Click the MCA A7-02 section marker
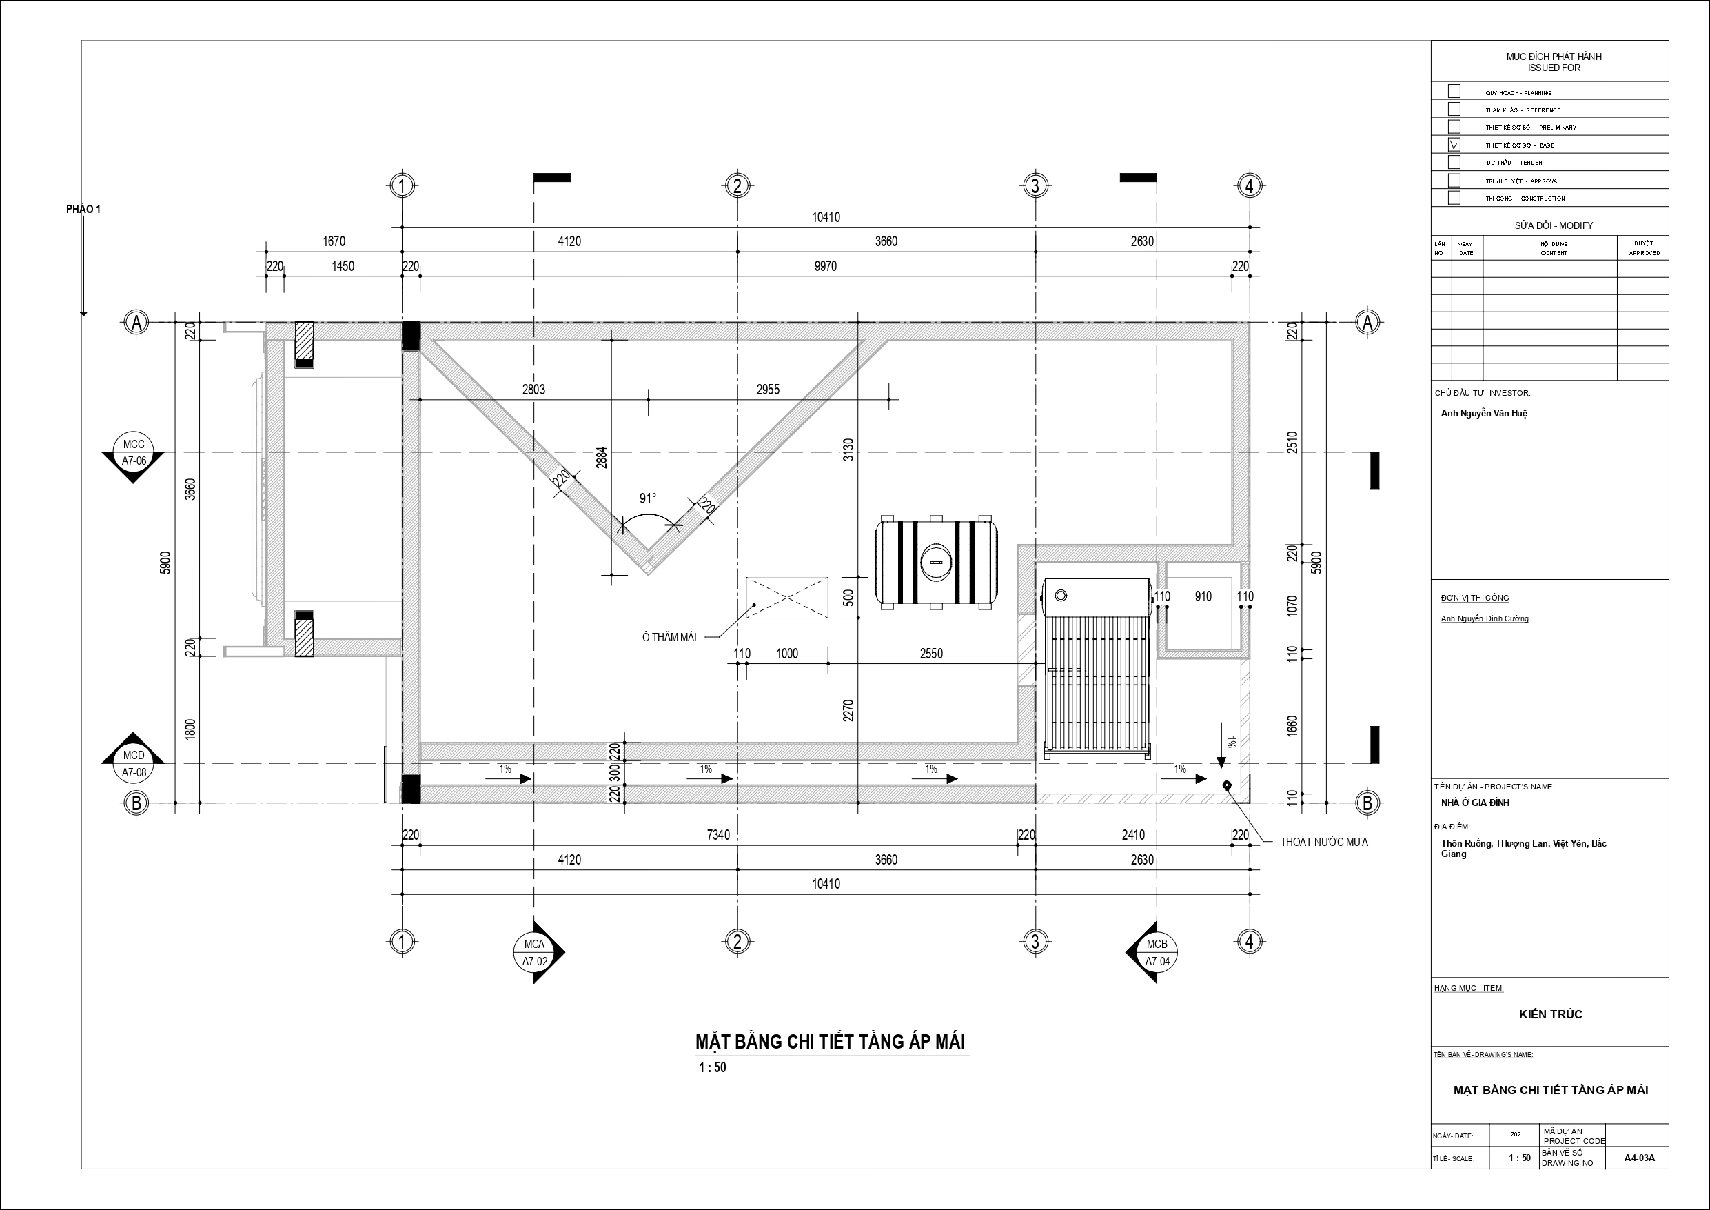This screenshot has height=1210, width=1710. click(x=536, y=952)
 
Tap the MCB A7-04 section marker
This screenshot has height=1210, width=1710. click(x=1154, y=952)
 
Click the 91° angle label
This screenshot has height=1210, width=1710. click(x=648, y=498)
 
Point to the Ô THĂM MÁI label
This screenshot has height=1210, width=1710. click(x=669, y=637)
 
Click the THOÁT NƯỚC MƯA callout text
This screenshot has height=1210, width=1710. click(x=1324, y=842)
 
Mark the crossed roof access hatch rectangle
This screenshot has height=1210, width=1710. click(x=787, y=598)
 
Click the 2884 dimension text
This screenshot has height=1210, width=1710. click(x=602, y=456)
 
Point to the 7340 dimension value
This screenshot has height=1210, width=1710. click(x=718, y=835)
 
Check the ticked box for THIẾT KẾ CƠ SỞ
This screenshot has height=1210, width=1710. click(x=1454, y=145)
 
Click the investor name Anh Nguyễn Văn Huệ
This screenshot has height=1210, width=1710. click(x=1484, y=414)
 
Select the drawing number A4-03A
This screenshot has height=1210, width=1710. click(x=1639, y=1179)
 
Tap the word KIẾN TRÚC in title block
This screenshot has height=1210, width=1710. click(x=1551, y=1014)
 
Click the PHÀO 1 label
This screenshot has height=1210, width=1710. click(x=83, y=210)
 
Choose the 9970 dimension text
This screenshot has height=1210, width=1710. click(x=825, y=266)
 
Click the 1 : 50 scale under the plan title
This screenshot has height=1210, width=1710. click(x=712, y=1067)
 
